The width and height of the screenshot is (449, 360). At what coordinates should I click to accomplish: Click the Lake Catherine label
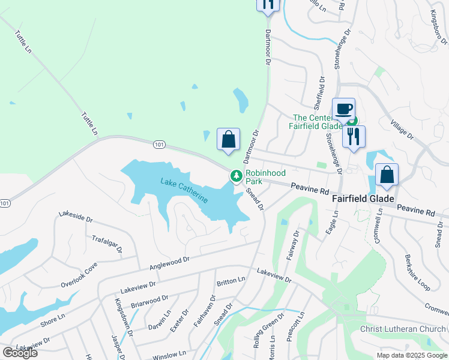(184, 190)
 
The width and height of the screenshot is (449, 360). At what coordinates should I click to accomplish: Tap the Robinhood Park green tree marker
(237, 176)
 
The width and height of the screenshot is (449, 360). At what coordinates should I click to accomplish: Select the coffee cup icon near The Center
(343, 109)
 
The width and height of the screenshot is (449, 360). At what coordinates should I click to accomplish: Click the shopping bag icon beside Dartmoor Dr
(228, 140)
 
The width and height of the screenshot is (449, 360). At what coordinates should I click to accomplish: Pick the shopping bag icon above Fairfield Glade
(387, 175)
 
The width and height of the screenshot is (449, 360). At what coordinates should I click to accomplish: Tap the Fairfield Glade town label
(363, 199)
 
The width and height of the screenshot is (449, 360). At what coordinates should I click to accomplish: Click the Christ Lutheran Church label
(403, 329)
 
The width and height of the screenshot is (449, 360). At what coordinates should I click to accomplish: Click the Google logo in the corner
(19, 353)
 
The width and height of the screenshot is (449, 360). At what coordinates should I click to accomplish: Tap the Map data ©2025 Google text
(412, 355)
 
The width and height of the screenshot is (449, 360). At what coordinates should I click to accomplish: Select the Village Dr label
(403, 128)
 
